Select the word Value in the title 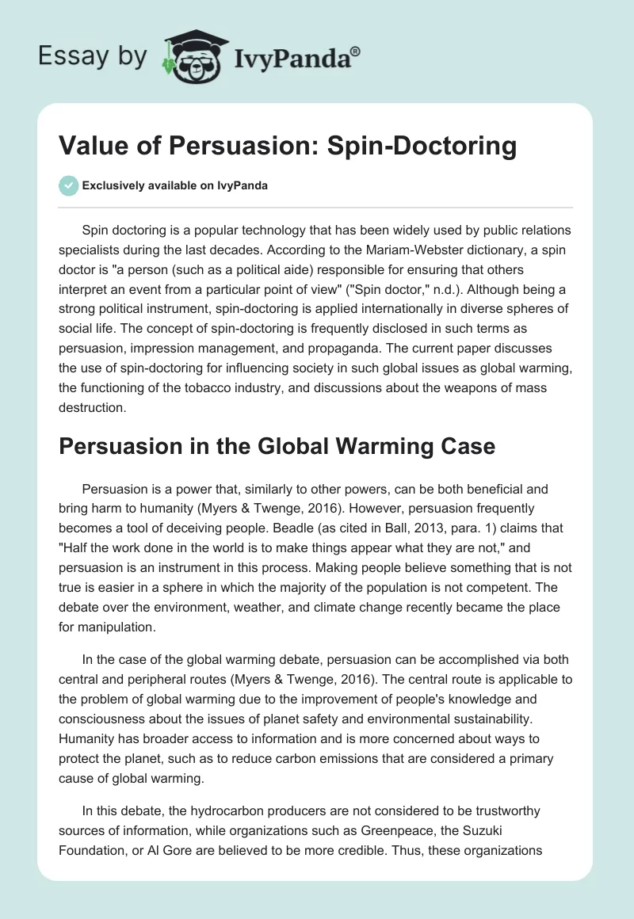point(94,147)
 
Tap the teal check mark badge point(70,185)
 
